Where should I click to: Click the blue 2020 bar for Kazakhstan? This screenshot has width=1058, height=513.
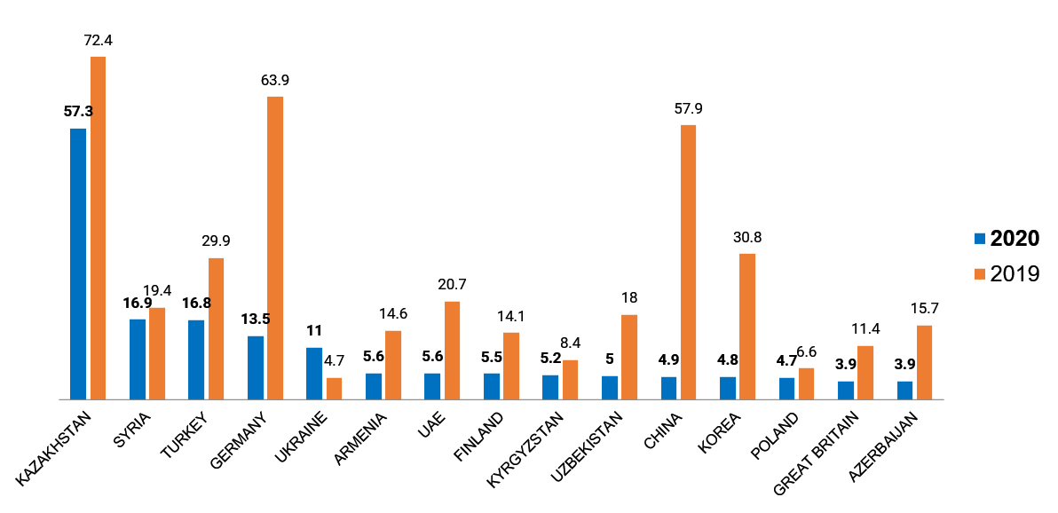[78, 264]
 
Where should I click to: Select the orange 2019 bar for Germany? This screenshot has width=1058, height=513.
[275, 248]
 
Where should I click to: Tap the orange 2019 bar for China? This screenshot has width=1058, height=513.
[688, 262]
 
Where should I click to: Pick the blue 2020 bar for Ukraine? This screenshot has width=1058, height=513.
[314, 374]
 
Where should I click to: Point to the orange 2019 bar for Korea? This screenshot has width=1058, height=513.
[747, 327]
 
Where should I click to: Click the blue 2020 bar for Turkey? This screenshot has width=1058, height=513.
[196, 359]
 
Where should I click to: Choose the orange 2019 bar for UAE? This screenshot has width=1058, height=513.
[452, 351]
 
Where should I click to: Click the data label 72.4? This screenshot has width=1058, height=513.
[98, 41]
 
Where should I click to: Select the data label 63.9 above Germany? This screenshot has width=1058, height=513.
[275, 81]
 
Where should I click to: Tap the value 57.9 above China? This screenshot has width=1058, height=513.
[688, 109]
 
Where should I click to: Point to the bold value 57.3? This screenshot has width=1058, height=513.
[78, 112]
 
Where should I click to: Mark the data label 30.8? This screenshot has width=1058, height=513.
[747, 238]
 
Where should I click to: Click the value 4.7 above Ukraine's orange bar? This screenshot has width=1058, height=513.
[334, 362]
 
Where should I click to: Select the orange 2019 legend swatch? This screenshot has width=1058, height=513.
[980, 274]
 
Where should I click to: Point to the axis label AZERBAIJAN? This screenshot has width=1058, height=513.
[881, 446]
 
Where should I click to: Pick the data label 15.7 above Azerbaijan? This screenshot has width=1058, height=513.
[924, 309]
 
